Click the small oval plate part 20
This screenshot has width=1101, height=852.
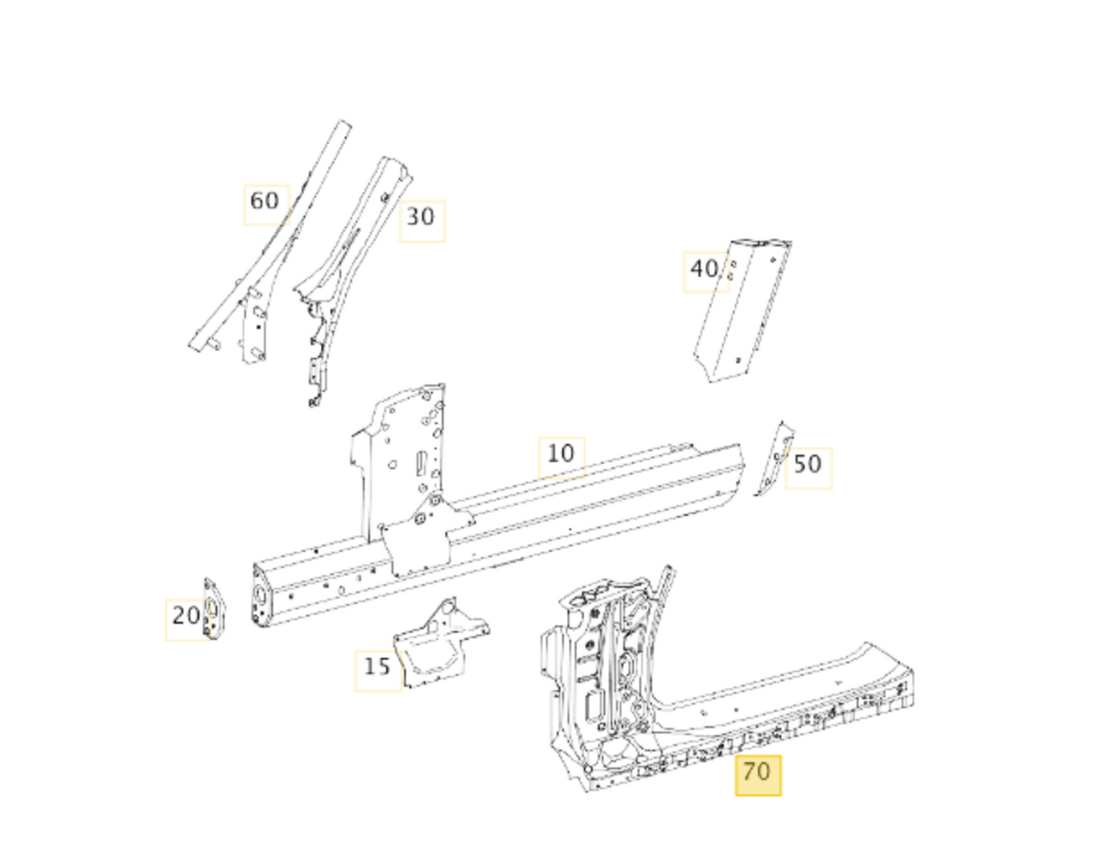click(x=213, y=610)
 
